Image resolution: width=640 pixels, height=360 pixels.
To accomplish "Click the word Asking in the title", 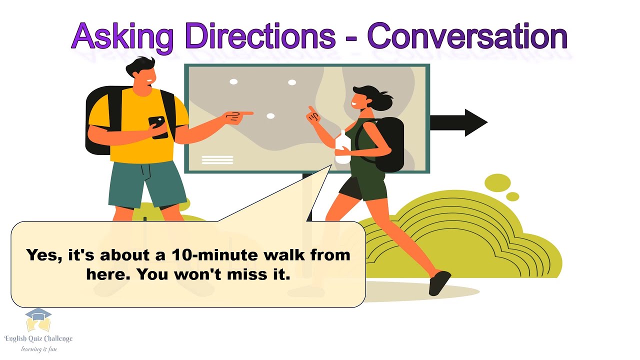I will (122, 36).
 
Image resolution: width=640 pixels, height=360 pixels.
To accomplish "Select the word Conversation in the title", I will (467, 36).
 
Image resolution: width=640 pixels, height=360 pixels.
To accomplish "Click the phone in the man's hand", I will (158, 126).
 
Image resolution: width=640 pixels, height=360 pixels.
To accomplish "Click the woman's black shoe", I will (439, 282).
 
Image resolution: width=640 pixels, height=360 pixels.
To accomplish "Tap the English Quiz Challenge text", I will (38, 338).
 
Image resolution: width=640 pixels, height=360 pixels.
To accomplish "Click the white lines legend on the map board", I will (217, 160).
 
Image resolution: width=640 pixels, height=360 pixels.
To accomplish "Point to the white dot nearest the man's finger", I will (270, 116).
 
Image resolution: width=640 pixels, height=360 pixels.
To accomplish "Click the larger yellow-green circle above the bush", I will (497, 182).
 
